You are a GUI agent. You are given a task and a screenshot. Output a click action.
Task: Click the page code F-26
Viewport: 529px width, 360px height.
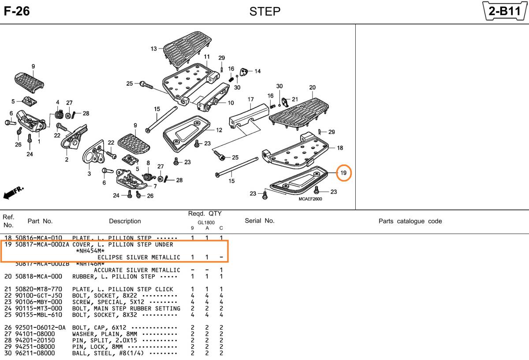[x=17, y=11]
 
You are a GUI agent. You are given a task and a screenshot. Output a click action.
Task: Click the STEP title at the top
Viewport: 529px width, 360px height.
[x=264, y=11]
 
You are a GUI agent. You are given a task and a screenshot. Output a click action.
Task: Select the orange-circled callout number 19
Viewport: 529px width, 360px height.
[x=343, y=173]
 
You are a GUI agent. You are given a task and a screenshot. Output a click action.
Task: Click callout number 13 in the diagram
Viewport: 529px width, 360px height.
[x=153, y=49]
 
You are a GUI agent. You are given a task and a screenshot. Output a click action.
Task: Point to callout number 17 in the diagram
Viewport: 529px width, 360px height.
[x=251, y=99]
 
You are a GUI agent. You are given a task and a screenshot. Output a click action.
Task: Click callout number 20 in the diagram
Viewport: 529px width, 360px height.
[x=312, y=87]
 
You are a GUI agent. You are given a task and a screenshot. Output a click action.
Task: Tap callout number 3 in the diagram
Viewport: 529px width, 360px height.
[x=89, y=174]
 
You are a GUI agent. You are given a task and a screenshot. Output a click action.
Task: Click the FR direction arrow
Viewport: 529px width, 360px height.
[x=14, y=192]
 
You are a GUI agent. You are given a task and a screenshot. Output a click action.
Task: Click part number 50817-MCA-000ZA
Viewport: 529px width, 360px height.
[x=42, y=245]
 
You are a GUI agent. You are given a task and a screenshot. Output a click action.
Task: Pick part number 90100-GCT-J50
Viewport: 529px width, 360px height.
[x=39, y=296]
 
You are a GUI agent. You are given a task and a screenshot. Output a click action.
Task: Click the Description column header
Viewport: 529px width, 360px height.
[x=125, y=221]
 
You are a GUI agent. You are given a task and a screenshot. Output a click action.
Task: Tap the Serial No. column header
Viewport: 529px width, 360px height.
[x=259, y=221]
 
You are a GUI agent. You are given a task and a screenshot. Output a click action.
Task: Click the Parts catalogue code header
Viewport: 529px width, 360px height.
[x=410, y=221]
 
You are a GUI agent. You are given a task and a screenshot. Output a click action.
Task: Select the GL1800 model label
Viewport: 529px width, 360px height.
[x=206, y=223]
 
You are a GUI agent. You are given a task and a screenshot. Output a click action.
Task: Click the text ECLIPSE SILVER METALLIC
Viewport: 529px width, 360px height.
[x=139, y=257]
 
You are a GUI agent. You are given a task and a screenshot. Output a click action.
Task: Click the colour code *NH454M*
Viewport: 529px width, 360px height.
[x=90, y=251]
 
